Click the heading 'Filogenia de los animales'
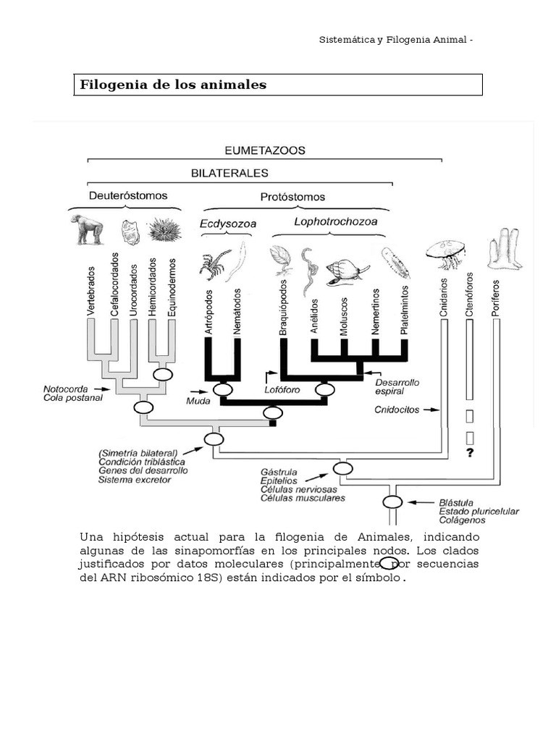(173, 85)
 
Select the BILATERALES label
(229, 173)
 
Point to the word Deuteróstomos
(128, 195)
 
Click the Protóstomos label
(292, 196)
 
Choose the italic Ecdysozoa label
(228, 224)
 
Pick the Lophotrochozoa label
(335, 222)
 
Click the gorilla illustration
(87, 229)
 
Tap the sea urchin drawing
(164, 231)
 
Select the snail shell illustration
(342, 271)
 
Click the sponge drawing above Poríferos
(504, 249)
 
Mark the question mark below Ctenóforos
(470, 453)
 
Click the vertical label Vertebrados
(91, 290)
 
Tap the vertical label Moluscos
(343, 316)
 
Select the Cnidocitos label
(397, 410)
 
